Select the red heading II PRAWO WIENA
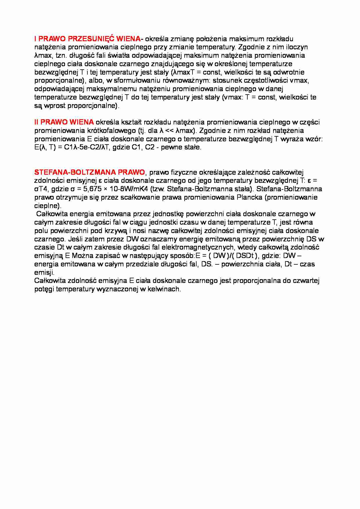tap(64, 122)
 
